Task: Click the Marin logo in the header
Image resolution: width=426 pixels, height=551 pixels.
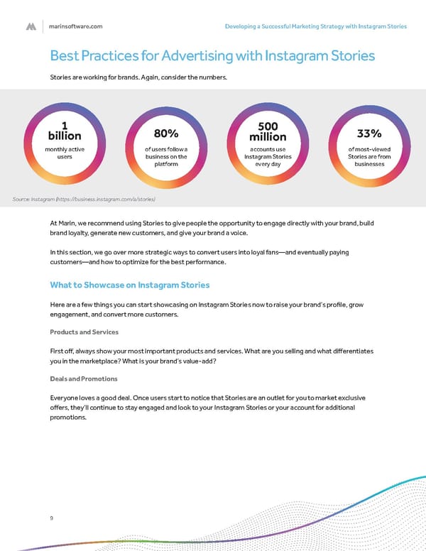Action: pyautogui.click(x=31, y=26)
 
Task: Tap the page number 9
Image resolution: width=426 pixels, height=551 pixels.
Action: pyautogui.click(x=51, y=518)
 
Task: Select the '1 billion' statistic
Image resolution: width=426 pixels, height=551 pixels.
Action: pyautogui.click(x=65, y=130)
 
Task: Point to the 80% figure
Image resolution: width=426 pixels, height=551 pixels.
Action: pyautogui.click(x=165, y=133)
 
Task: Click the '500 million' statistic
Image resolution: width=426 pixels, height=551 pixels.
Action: pyautogui.click(x=268, y=130)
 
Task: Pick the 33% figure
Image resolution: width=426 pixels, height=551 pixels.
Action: pyautogui.click(x=369, y=133)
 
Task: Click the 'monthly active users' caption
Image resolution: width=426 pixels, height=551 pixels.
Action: pyautogui.click(x=65, y=153)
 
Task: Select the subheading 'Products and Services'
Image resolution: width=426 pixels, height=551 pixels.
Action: pyautogui.click(x=84, y=332)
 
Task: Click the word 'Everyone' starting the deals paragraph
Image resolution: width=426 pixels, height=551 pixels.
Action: pyautogui.click(x=67, y=397)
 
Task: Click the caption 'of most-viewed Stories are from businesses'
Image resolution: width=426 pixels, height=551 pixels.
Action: pyautogui.click(x=369, y=156)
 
